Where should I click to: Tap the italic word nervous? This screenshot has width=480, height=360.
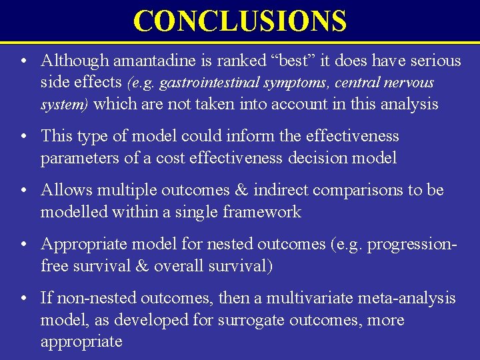[408, 83]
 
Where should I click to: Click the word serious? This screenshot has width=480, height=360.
[434, 61]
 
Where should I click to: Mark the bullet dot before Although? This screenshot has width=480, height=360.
[24, 61]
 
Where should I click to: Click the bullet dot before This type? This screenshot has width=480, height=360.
[24, 137]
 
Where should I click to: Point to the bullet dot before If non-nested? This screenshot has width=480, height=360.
[24, 299]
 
